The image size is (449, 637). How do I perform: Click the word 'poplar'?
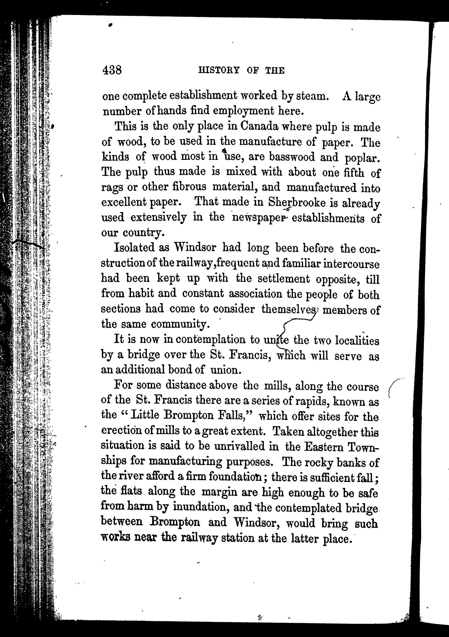pyautogui.click(x=361, y=158)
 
